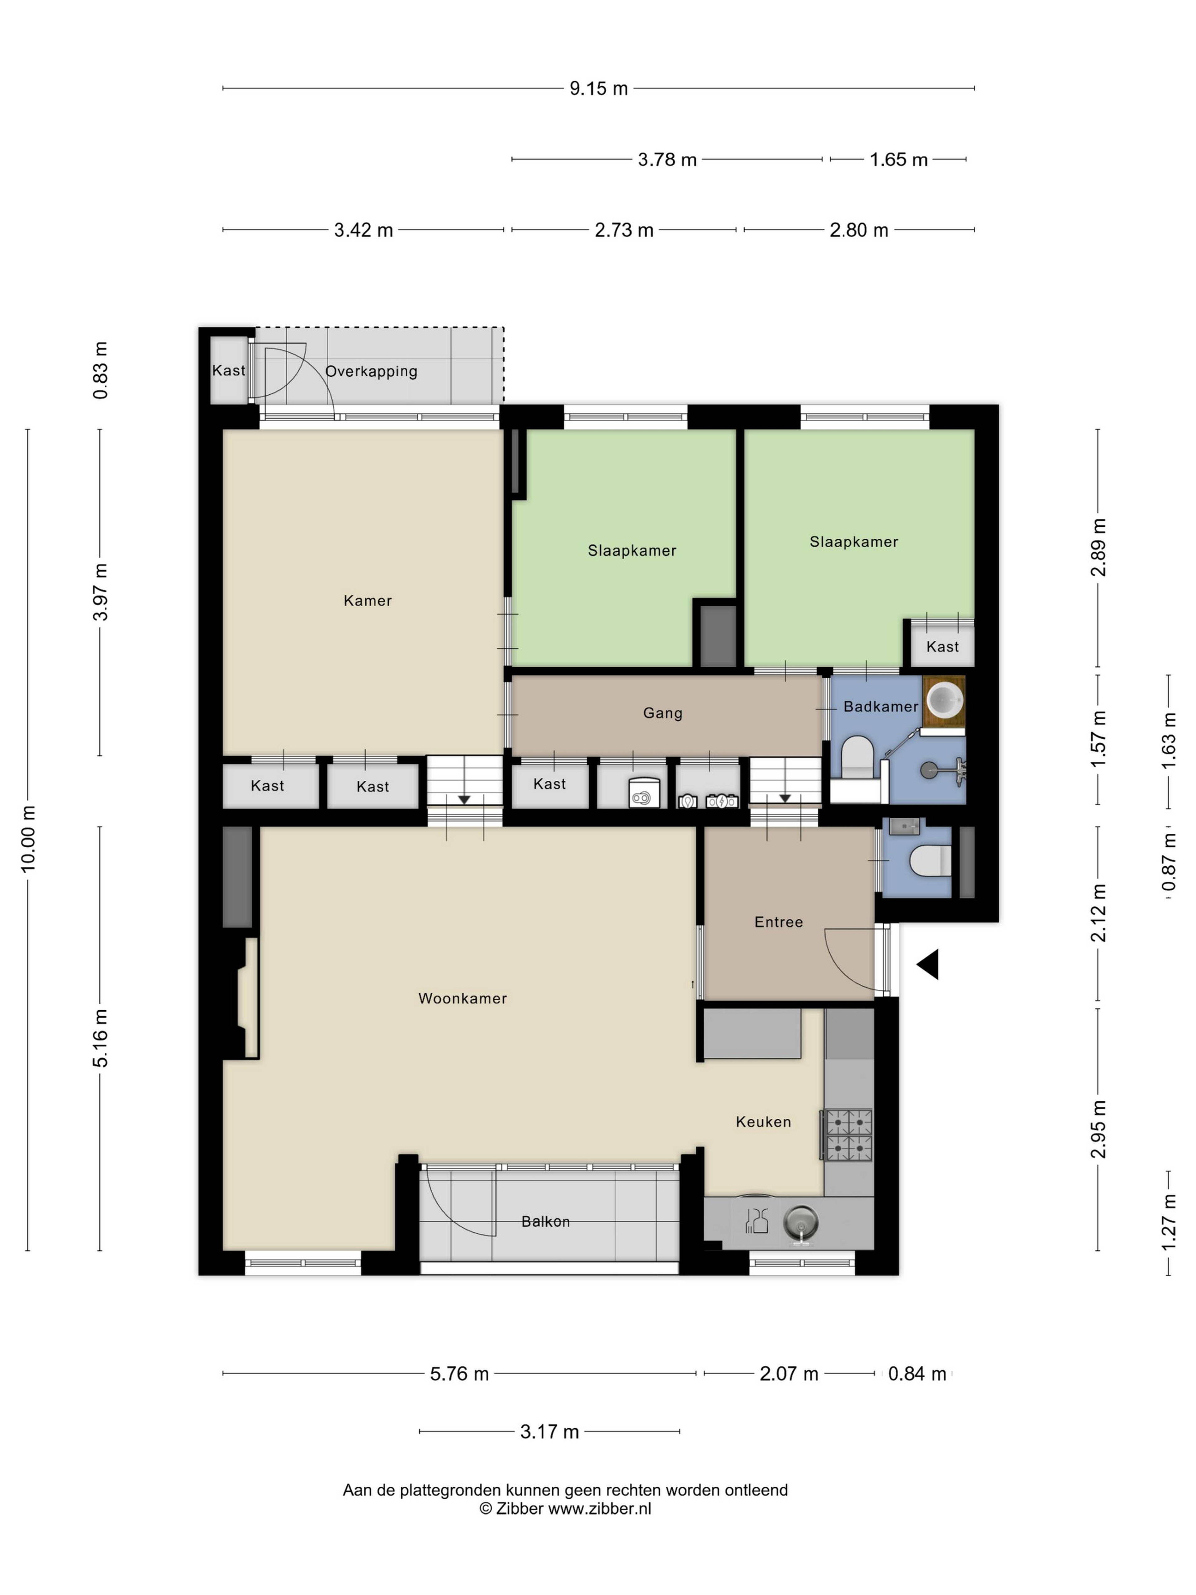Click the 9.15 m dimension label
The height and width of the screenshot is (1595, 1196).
[x=598, y=89]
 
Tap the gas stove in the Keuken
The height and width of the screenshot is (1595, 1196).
[x=848, y=1135]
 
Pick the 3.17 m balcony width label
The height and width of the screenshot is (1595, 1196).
[x=549, y=1431]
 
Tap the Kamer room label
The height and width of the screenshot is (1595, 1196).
[x=368, y=601]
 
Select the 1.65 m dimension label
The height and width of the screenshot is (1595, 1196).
[x=898, y=159]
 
